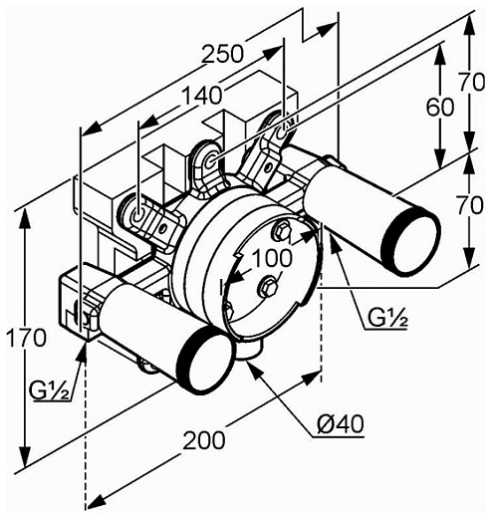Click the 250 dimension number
click(x=223, y=54)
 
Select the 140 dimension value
click(x=202, y=96)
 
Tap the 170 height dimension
click(x=26, y=337)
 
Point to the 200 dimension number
click(x=204, y=440)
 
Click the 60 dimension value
click(x=439, y=108)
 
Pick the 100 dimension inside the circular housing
click(x=272, y=258)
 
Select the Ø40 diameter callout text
click(x=341, y=424)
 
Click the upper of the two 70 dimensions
click(x=472, y=82)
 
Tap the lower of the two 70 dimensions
click(x=470, y=205)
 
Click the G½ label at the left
click(x=49, y=389)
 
